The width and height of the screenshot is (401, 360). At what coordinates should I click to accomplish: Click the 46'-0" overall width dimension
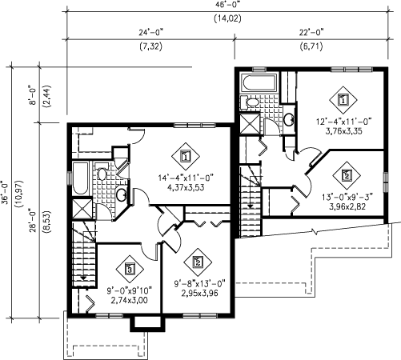(227, 5)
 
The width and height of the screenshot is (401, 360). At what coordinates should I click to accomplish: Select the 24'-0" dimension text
(150, 33)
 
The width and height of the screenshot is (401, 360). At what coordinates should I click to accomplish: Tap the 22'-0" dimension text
(311, 33)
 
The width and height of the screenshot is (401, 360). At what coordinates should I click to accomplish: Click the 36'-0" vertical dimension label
(6, 193)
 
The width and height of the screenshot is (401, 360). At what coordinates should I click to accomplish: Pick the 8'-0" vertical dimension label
(33, 95)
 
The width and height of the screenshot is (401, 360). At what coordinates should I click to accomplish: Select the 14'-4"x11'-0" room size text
(186, 178)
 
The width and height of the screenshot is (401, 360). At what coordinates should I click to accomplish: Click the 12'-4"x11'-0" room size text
(344, 122)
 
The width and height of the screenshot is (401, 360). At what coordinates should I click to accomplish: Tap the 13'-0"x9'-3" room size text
(347, 198)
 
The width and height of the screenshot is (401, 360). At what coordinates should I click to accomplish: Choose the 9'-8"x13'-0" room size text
(200, 284)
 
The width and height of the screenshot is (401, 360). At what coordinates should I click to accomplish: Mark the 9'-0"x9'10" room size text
(130, 290)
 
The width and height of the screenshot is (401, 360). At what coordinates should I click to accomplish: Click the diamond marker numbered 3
(130, 269)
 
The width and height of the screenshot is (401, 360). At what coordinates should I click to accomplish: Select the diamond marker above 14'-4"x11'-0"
(186, 156)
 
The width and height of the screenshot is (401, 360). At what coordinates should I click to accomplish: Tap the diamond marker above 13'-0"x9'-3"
(347, 175)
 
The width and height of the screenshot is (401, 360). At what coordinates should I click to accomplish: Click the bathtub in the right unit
(259, 83)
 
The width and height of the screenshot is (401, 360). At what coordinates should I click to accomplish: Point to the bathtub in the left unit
(81, 178)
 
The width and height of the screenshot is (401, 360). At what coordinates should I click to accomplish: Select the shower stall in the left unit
(82, 208)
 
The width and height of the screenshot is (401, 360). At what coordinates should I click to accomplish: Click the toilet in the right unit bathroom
(250, 102)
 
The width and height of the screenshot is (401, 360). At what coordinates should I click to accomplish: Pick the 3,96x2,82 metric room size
(347, 206)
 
